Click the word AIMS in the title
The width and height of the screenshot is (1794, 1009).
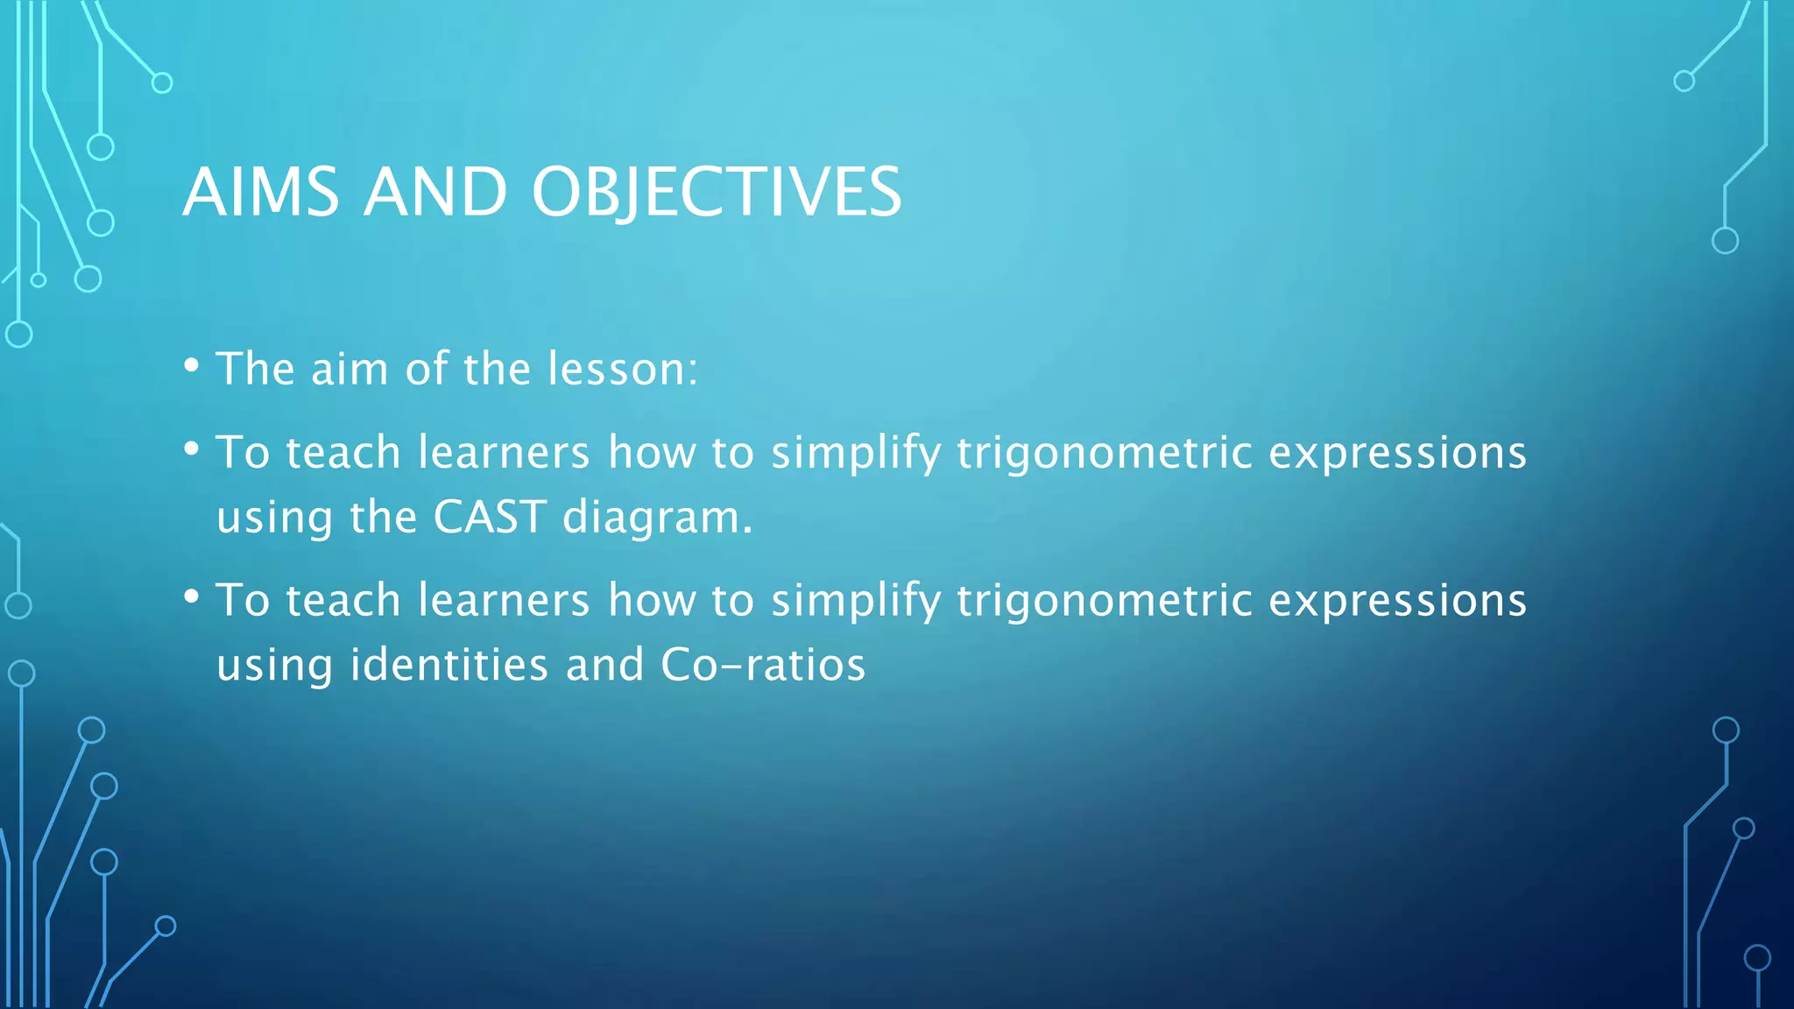tap(261, 192)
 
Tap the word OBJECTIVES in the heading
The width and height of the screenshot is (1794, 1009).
tap(717, 192)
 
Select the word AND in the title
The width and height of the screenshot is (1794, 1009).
tap(435, 192)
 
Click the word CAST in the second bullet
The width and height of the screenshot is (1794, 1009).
tap(491, 517)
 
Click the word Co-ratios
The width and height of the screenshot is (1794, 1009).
tap(763, 664)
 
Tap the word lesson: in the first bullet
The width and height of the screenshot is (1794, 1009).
tap(623, 368)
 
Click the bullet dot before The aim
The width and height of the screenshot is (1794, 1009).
tap(192, 365)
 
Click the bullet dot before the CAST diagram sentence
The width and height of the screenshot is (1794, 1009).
tap(192, 449)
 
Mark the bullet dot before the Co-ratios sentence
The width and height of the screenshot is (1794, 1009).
tap(192, 597)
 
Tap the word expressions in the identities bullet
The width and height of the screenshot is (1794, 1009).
tap(1397, 602)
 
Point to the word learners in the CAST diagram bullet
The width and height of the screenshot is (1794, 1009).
tap(504, 452)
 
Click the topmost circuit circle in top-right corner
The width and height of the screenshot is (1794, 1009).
tap(1684, 81)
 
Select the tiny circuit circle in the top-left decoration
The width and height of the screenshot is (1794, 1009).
tap(39, 280)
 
